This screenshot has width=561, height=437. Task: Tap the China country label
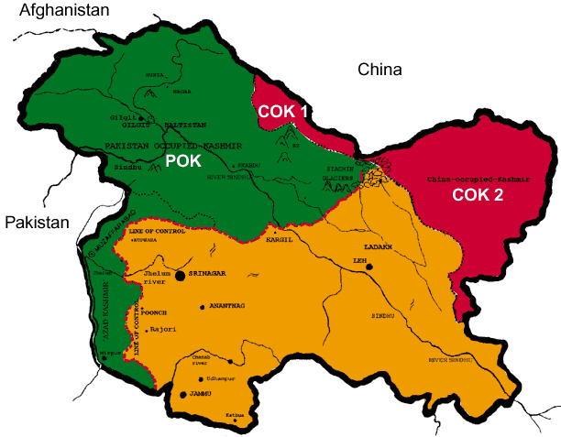[379, 71]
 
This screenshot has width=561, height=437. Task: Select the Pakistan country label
[37, 223]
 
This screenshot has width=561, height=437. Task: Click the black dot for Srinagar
[181, 275]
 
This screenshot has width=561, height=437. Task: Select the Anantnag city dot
[203, 306]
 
